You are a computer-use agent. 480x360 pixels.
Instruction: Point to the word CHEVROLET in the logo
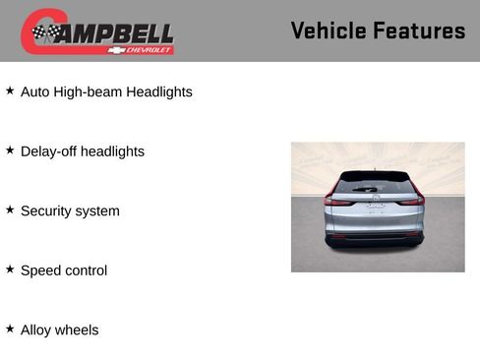153,49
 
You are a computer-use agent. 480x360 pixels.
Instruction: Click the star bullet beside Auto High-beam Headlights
10,90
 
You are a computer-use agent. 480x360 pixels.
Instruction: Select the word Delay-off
49,151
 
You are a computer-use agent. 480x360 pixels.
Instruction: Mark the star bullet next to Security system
10,210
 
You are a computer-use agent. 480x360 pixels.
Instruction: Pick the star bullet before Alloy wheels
10,329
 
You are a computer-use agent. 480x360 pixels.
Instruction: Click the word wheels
78,330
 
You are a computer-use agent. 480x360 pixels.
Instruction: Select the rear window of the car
375,183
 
